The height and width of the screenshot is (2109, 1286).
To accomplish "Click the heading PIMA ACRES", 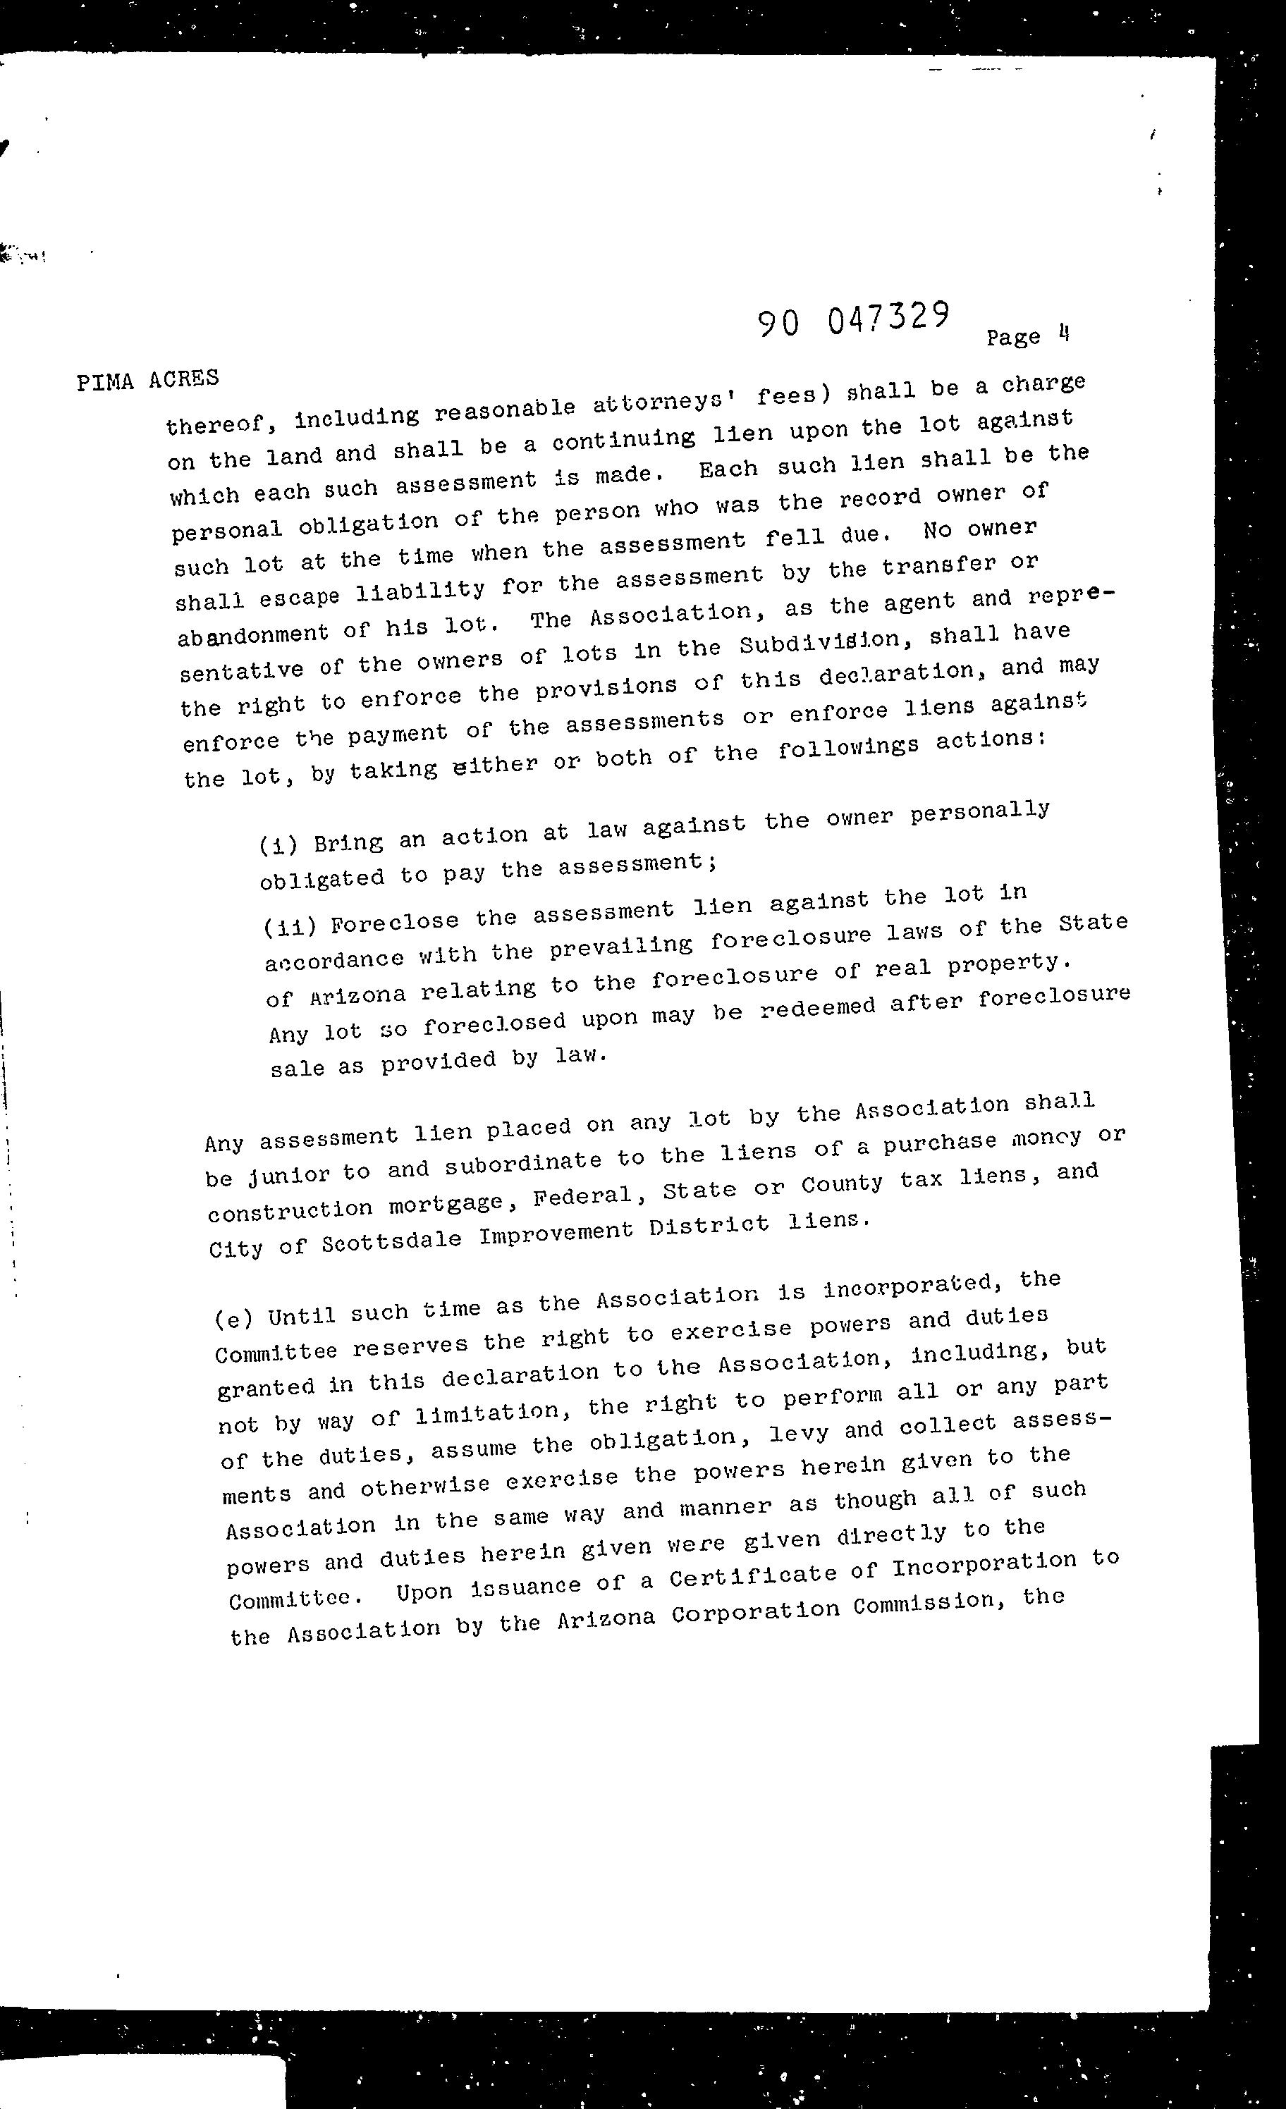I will pyautogui.click(x=147, y=379).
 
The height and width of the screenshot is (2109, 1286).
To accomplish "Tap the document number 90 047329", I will pyautogui.click(x=854, y=319).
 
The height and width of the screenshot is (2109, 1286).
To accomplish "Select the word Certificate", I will pyautogui.click(x=752, y=1573).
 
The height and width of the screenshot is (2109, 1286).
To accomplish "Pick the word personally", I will pyautogui.click(x=979, y=811).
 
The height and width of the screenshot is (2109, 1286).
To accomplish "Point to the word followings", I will pyautogui.click(x=847, y=748).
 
